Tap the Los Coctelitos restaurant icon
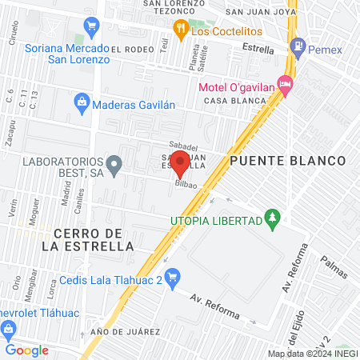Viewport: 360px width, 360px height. click(180, 31)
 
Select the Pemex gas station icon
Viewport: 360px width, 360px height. click(298, 46)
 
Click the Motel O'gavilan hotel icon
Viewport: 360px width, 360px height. click(287, 83)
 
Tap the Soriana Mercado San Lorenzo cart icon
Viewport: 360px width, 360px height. click(92, 26)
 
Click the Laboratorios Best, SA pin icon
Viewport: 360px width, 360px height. click(115, 167)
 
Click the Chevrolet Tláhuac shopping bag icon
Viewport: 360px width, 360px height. click(8, 328)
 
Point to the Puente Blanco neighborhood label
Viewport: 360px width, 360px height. click(287, 161)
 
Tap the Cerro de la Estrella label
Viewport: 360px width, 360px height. click(94, 239)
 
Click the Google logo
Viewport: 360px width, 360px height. click(26, 350)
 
